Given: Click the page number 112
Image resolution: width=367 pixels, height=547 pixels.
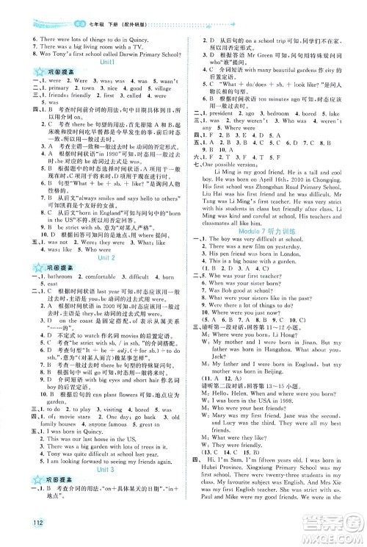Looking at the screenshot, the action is (15, 532).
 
